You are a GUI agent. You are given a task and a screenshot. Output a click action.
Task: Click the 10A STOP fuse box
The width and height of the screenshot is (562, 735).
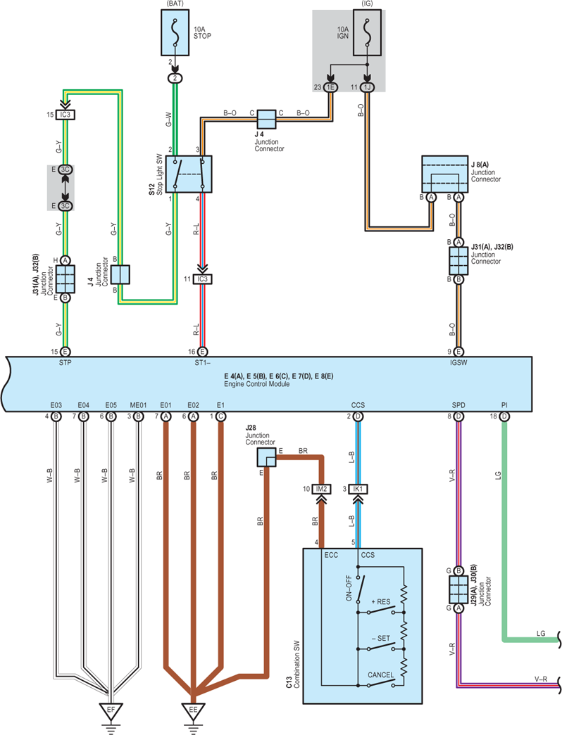175,32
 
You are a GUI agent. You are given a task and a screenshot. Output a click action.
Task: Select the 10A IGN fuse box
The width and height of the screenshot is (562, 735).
367,32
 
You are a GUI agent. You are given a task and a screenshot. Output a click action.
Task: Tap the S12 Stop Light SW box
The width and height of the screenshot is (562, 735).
189,174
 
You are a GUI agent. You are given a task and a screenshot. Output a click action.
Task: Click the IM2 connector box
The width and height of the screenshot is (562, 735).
321,489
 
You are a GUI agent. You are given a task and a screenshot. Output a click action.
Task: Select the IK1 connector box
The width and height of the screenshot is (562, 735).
358,489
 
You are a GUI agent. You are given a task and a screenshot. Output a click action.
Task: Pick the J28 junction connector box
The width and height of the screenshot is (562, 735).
266,457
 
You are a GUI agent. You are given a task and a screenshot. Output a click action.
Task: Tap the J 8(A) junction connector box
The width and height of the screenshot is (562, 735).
444,174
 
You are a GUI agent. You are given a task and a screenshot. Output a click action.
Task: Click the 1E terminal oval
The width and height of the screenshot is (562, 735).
330,87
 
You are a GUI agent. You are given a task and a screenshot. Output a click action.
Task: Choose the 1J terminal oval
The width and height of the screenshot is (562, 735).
367,87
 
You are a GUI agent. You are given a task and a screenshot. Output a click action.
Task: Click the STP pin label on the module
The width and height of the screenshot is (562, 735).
65,362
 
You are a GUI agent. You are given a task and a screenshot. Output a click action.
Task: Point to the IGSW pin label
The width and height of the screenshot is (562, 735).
458,362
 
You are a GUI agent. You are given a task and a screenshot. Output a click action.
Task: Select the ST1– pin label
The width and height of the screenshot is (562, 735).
202,362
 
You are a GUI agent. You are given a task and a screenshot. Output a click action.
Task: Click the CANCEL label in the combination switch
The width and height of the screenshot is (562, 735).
381,675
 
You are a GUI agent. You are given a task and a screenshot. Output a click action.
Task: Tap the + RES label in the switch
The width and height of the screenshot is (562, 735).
381,602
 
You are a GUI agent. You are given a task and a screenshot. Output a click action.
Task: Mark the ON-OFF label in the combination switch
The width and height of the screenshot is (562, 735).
349,588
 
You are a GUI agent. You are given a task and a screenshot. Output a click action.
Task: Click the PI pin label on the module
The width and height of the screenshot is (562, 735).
504,405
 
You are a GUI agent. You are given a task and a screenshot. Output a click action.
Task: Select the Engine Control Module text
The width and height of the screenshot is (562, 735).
257,384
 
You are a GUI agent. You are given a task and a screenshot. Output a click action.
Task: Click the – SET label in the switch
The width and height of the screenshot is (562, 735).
381,639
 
